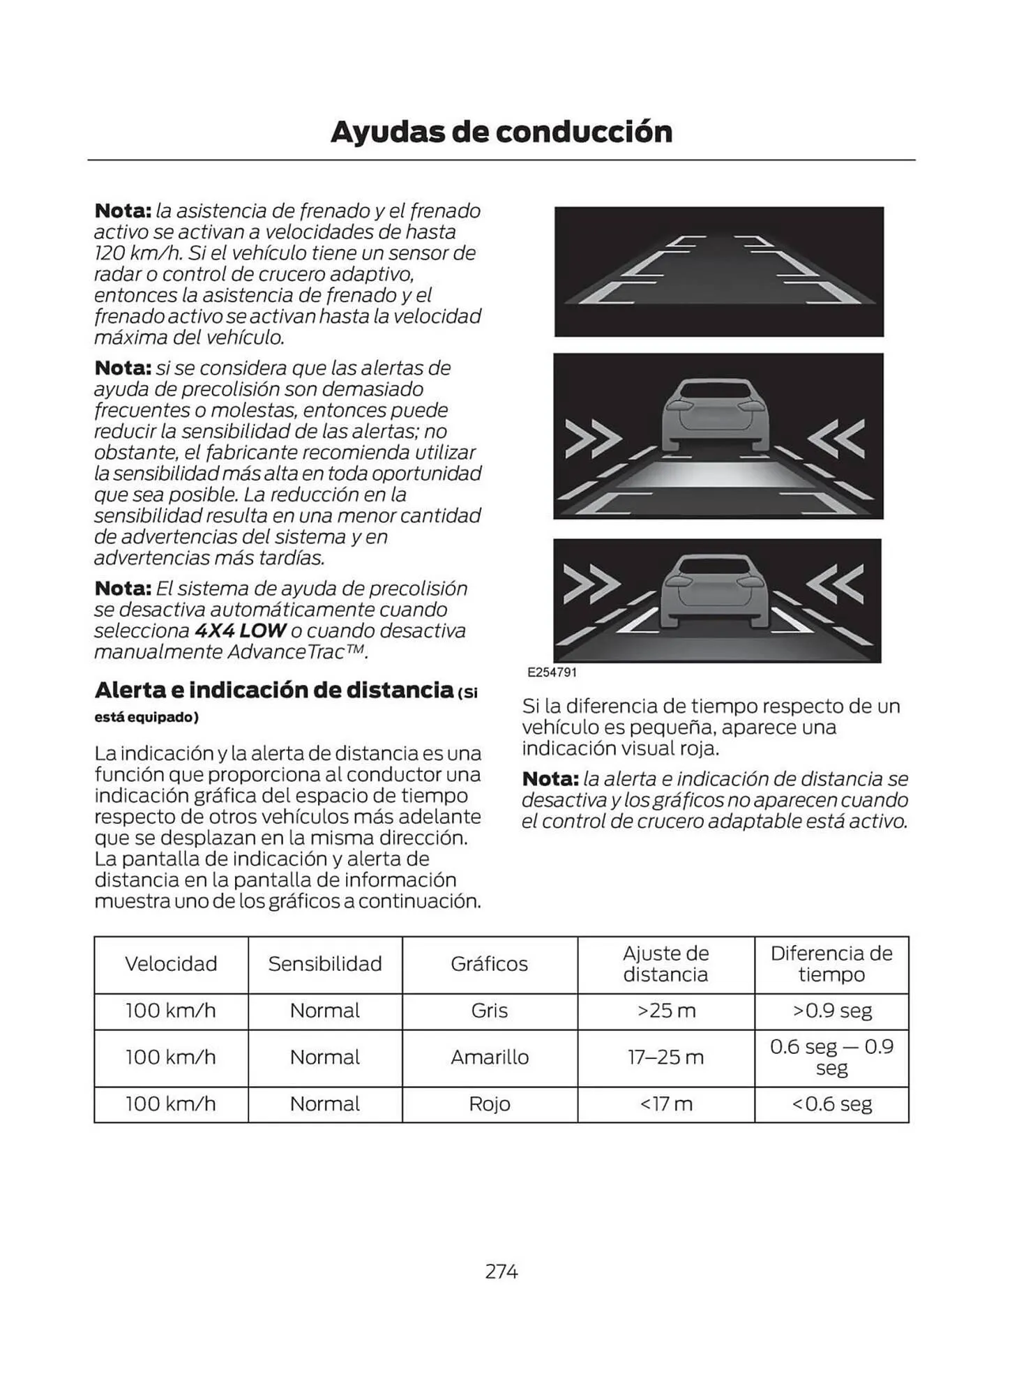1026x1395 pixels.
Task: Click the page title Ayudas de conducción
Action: (x=501, y=132)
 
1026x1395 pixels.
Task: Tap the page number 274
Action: (x=501, y=1272)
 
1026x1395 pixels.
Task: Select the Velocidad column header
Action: (x=171, y=964)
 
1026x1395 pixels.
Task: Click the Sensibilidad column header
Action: (x=325, y=964)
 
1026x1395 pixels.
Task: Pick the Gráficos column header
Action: (x=490, y=964)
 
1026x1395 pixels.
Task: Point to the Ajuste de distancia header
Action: (x=665, y=964)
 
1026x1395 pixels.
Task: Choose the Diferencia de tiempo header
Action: (x=831, y=964)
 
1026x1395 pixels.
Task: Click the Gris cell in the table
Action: (x=490, y=1011)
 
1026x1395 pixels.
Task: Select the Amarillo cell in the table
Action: (x=490, y=1057)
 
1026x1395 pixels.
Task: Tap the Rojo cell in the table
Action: (x=490, y=1104)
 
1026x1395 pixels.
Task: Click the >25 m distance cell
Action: (x=666, y=1011)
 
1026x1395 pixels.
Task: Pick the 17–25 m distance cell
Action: (x=666, y=1057)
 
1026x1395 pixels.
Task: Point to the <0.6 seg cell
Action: (x=831, y=1104)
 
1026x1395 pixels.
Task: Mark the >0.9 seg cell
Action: (x=831, y=1011)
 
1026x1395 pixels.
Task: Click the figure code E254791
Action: (x=552, y=672)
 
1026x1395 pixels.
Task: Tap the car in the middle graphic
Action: (x=715, y=415)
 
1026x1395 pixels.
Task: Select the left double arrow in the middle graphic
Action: (x=593, y=439)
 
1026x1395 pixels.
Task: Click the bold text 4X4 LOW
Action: (x=240, y=631)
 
